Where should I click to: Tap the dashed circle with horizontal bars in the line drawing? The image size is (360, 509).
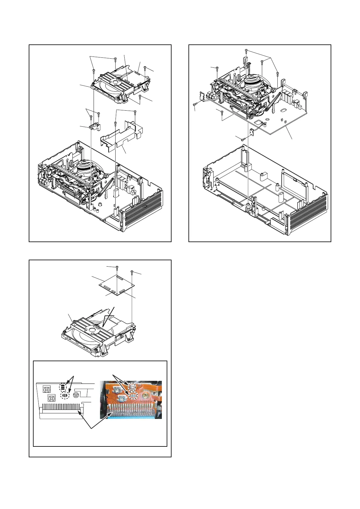62,387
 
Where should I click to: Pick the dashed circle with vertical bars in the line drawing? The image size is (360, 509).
65,395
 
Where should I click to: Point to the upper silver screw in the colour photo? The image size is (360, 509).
116,389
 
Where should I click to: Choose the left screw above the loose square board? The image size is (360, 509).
117,267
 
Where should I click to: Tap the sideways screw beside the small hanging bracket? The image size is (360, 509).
243,140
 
